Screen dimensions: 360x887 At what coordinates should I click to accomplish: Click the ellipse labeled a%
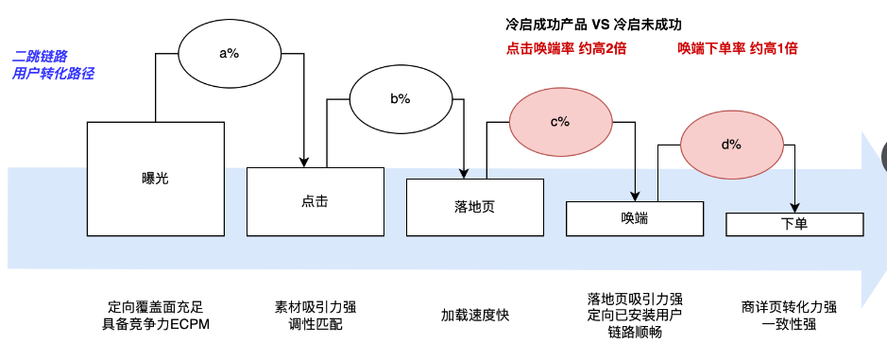[229, 53]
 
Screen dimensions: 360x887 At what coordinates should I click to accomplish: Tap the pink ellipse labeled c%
[559, 122]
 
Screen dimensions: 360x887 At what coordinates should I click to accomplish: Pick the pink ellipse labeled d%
[731, 145]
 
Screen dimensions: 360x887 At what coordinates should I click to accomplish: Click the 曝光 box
[155, 178]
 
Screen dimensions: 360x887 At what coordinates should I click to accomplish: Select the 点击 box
[316, 201]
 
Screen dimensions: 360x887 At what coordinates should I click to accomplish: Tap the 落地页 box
[474, 207]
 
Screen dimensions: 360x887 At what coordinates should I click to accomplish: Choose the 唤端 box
[634, 218]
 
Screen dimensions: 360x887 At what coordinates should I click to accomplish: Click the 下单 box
[793, 225]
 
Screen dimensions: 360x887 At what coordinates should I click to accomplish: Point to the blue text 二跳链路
[41, 56]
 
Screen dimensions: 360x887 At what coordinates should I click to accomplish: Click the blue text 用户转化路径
[53, 73]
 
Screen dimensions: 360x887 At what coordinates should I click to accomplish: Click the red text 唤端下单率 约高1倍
[737, 48]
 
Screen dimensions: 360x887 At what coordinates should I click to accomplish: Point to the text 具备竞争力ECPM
[155, 324]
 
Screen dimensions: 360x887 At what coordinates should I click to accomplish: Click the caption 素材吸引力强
[316, 307]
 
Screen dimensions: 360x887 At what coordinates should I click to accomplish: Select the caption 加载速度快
[475, 316]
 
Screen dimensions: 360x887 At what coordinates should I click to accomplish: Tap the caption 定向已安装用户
[634, 315]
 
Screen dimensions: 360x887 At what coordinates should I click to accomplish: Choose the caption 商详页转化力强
[790, 307]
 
